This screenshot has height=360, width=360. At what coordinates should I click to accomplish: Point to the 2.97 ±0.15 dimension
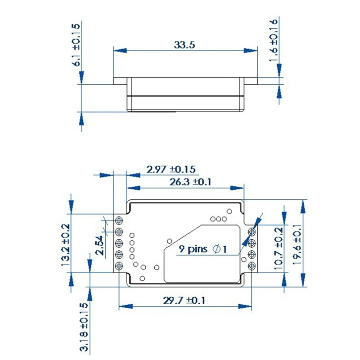coord(171,169)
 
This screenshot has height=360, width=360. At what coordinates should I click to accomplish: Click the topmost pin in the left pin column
coord(120,220)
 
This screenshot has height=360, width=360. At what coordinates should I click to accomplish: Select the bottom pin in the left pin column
coord(120,266)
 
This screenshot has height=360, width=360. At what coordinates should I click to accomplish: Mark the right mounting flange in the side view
coord(250,81)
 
